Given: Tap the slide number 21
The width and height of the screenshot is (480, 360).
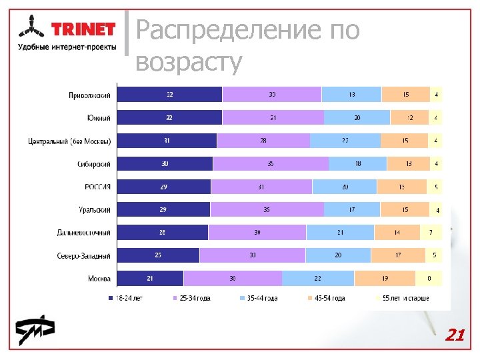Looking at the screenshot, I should point(455,335).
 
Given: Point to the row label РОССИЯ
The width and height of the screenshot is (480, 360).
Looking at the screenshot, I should point(97,187).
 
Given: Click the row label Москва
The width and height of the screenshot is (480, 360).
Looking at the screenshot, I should point(99,279).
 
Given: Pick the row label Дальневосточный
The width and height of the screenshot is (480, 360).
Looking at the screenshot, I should point(83,233).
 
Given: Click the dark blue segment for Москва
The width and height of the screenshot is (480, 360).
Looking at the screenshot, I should point(150,279).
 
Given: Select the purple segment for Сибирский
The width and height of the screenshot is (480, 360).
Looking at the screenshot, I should point(271,164).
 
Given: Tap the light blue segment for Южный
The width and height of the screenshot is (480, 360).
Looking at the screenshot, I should point(357,118).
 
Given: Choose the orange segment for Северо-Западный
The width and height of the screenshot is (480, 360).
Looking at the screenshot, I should point(397,255).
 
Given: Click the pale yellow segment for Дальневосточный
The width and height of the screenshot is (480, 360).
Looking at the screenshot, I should point(431,233).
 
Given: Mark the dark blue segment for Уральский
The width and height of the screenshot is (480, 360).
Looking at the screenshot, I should point(163,210).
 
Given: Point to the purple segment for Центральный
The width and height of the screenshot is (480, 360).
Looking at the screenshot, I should point(263,141).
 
